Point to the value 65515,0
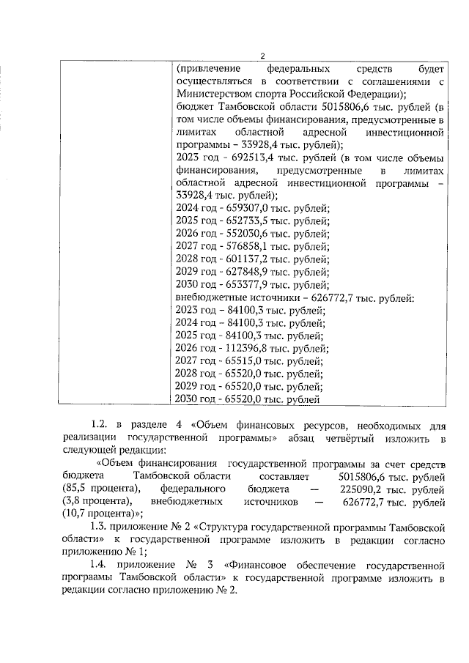(244, 360)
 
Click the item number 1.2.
(99, 423)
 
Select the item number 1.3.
(99, 526)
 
